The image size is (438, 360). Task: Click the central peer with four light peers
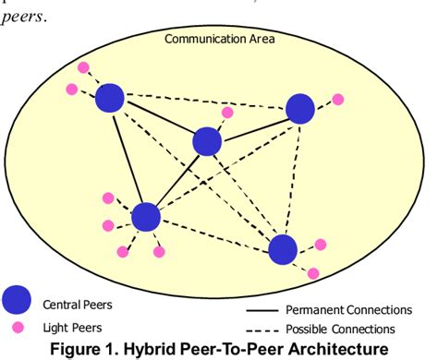point(145,217)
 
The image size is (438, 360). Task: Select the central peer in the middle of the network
point(207,142)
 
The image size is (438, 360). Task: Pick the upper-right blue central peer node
point(300,109)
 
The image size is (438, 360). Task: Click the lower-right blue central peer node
point(283,249)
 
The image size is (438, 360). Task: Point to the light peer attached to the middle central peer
point(227,113)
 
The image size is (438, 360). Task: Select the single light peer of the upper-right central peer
point(337,99)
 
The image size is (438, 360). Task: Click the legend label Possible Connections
point(340,330)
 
